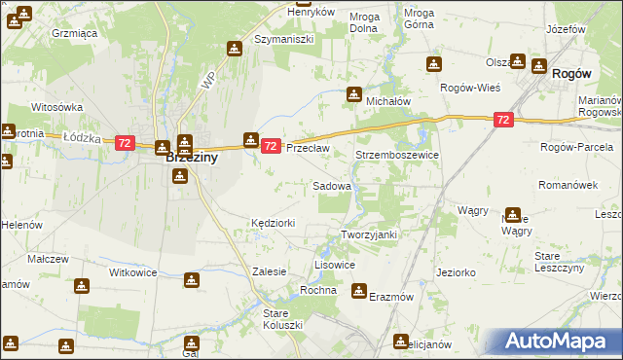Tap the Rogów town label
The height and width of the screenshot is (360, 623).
pos(572,74)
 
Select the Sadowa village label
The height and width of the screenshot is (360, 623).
pos(331,185)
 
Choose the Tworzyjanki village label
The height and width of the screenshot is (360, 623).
pos(370,235)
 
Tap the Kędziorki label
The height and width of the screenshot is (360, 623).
pos(273,223)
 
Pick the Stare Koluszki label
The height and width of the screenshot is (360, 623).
pos(284,318)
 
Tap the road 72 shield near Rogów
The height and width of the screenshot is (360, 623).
pos(502,120)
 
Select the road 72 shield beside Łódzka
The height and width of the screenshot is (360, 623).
pos(124,143)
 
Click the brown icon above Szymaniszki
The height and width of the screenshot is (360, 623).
pos(234,48)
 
